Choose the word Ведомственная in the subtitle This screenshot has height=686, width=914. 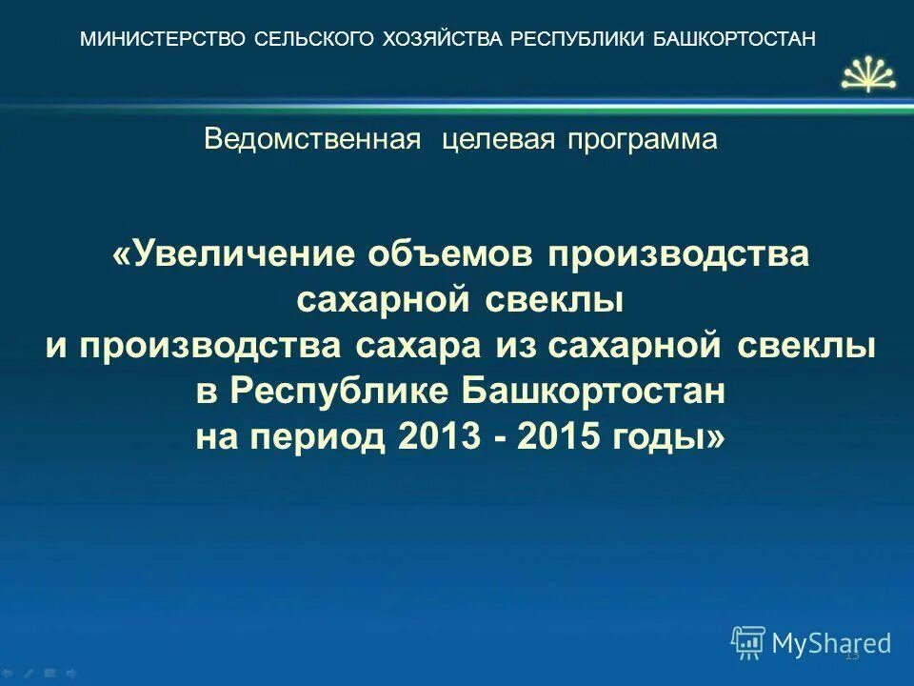312,140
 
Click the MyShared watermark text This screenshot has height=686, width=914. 831,644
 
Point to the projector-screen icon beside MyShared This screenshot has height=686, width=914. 748,643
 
